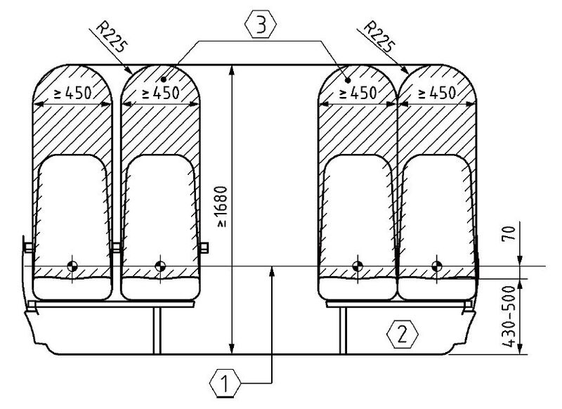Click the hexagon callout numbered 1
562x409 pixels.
[x=223, y=384]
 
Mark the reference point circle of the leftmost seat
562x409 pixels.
[x=72, y=266]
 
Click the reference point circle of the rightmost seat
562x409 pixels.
[x=437, y=266]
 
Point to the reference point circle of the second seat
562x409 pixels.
[x=160, y=266]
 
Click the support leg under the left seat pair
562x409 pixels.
[x=155, y=328]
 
